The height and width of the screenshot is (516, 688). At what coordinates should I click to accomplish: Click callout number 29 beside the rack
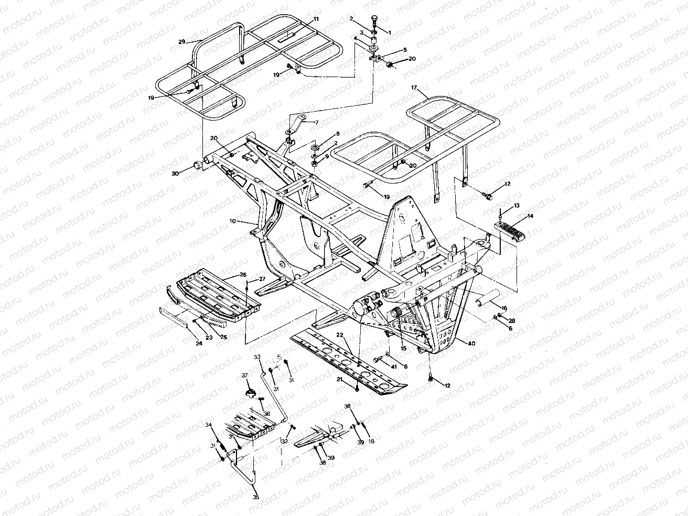click(182, 41)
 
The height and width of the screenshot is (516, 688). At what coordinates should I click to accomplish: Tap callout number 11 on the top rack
click(316, 19)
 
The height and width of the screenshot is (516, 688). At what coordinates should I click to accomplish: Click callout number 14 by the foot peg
click(531, 216)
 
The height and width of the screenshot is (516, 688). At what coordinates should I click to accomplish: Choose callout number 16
click(504, 308)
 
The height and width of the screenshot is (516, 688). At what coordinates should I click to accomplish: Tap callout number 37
click(244, 375)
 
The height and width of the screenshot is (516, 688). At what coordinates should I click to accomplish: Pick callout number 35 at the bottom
click(256, 497)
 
